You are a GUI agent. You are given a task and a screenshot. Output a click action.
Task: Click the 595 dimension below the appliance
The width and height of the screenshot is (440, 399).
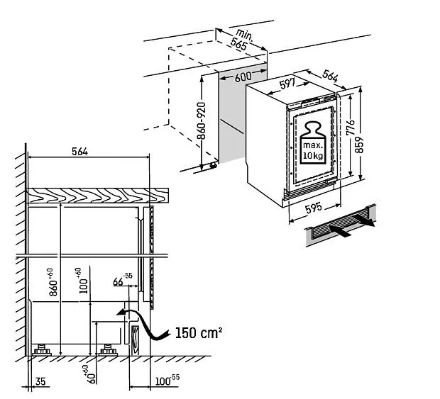pos(312,209)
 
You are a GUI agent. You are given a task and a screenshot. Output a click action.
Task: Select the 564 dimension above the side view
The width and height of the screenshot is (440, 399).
pos(86,150)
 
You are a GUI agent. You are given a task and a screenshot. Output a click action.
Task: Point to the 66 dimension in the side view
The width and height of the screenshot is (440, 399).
pos(118,282)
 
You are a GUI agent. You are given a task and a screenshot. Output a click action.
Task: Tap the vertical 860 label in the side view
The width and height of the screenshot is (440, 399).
pos(50,282)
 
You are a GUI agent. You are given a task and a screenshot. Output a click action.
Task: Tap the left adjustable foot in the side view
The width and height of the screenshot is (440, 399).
pos(42,349)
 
